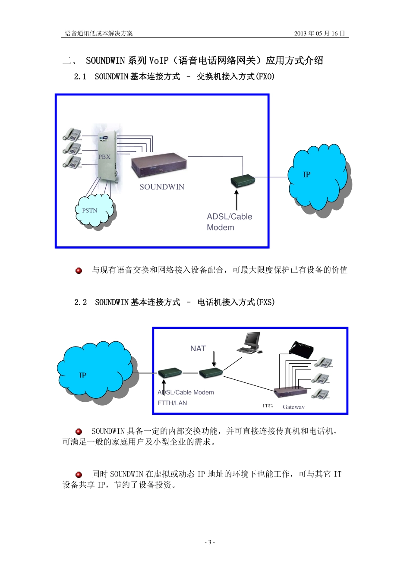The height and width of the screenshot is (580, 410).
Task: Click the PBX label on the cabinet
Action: pyautogui.click(x=104, y=157)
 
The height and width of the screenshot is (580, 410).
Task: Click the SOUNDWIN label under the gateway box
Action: pyautogui.click(x=162, y=187)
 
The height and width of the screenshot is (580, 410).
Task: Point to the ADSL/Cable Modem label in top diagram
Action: pyautogui.click(x=229, y=222)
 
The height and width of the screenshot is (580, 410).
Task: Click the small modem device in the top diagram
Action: pyautogui.click(x=243, y=181)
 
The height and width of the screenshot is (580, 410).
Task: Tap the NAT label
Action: pyautogui.click(x=198, y=349)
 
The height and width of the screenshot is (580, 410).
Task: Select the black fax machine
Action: pyautogui.click(x=301, y=349)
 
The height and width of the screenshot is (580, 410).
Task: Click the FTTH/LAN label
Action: pyautogui.click(x=172, y=403)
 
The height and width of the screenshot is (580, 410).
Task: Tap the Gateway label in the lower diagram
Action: pyautogui.click(x=293, y=407)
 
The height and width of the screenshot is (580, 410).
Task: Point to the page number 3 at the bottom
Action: pyautogui.click(x=210, y=542)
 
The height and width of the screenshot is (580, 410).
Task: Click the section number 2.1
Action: pyautogui.click(x=80, y=77)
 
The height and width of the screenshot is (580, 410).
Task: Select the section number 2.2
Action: pyautogui.click(x=81, y=303)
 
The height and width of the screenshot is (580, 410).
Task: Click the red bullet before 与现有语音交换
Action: pyautogui.click(x=79, y=271)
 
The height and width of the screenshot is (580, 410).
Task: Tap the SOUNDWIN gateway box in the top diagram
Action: pyautogui.click(x=159, y=166)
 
